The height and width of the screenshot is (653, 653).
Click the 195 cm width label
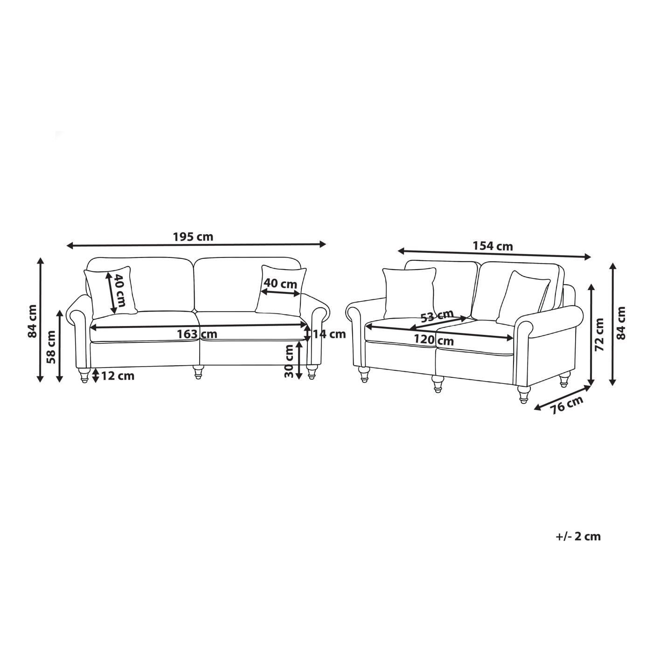(x=193, y=236)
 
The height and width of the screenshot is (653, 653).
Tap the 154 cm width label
(x=493, y=246)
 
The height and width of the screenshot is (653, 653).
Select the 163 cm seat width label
(x=197, y=334)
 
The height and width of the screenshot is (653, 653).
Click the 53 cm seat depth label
(x=437, y=316)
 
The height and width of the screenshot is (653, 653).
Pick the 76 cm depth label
(x=567, y=405)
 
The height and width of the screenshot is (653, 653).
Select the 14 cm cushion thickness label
(x=329, y=334)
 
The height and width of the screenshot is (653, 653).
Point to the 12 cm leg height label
(x=118, y=376)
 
